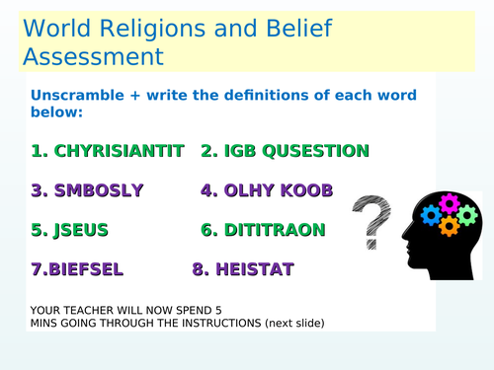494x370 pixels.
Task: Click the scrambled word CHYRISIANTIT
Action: point(119,151)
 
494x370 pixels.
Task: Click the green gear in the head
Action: point(467,215)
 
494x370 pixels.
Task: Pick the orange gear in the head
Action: point(450,226)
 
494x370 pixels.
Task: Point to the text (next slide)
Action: point(286,323)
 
